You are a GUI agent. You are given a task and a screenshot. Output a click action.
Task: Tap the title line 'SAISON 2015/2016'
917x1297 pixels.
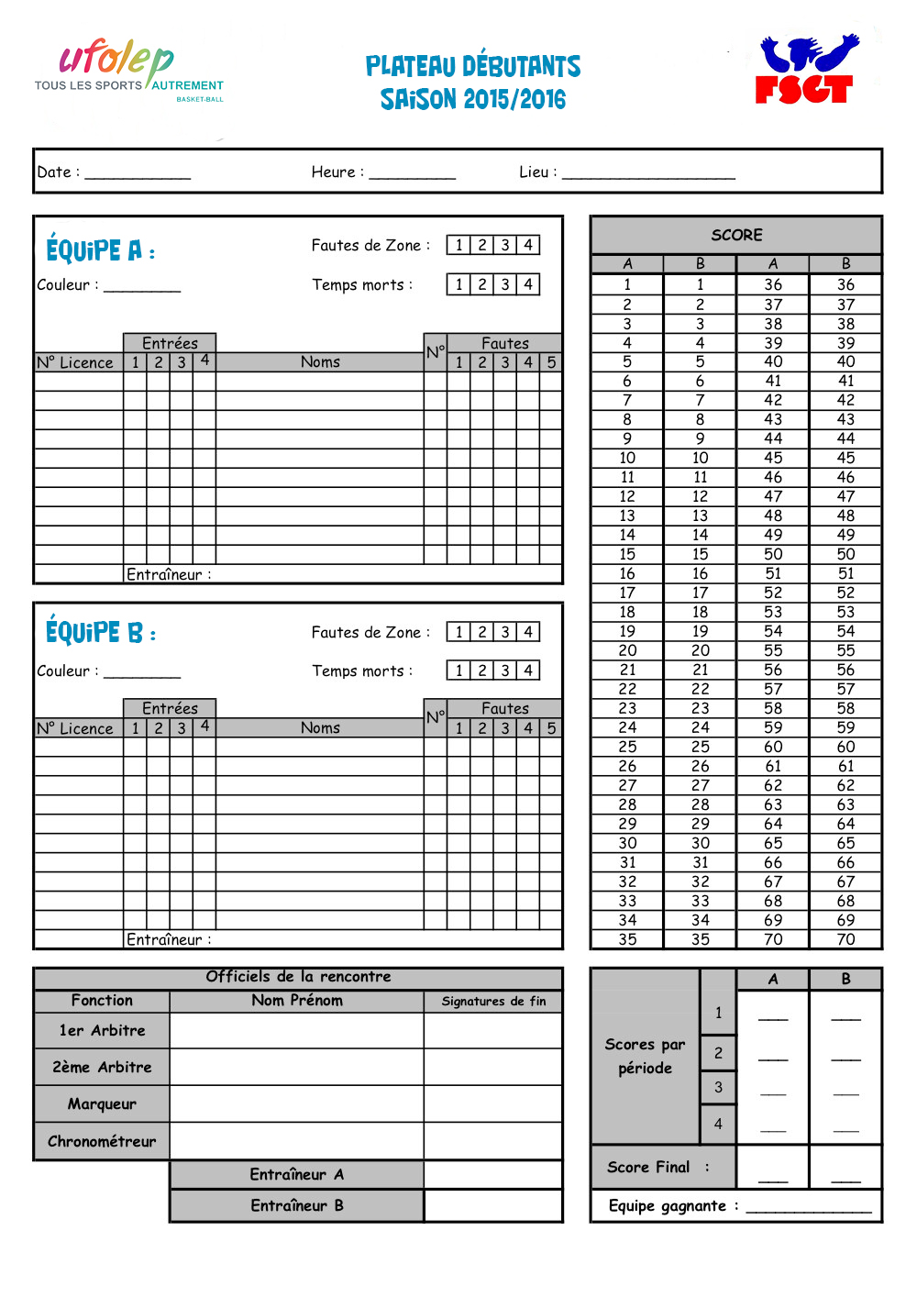(x=473, y=99)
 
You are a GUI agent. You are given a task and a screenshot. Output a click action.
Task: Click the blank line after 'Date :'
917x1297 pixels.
(x=138, y=175)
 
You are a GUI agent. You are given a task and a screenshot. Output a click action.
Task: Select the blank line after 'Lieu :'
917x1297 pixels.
(x=648, y=175)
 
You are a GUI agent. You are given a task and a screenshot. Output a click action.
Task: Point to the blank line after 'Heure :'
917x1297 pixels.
(x=412, y=175)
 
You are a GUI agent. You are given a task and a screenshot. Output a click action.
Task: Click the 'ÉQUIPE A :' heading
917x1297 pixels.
(x=100, y=250)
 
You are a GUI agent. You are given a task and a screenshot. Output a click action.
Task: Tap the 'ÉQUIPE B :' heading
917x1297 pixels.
(x=100, y=633)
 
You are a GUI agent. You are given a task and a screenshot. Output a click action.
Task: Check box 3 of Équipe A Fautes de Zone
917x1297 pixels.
(x=505, y=245)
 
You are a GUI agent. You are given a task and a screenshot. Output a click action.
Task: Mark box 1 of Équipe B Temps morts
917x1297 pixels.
(x=459, y=671)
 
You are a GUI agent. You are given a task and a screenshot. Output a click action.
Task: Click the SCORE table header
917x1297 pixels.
(x=736, y=235)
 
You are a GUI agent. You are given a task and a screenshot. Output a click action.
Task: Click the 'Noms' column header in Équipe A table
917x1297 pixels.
(x=320, y=362)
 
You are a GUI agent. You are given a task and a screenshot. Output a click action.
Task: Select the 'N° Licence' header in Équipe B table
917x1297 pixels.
(x=75, y=728)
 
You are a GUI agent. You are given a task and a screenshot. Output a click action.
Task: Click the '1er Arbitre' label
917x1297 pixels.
(x=102, y=1030)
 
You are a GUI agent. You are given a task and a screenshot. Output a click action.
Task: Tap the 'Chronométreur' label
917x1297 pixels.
(x=102, y=1141)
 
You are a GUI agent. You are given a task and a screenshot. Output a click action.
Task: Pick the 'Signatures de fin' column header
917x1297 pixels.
(x=493, y=1001)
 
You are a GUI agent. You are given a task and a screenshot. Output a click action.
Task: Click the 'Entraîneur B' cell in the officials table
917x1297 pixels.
(x=297, y=1205)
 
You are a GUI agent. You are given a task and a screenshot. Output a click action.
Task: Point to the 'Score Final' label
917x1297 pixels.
(x=648, y=1167)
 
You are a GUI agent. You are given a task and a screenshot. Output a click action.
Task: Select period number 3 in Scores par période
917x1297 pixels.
(x=718, y=1087)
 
